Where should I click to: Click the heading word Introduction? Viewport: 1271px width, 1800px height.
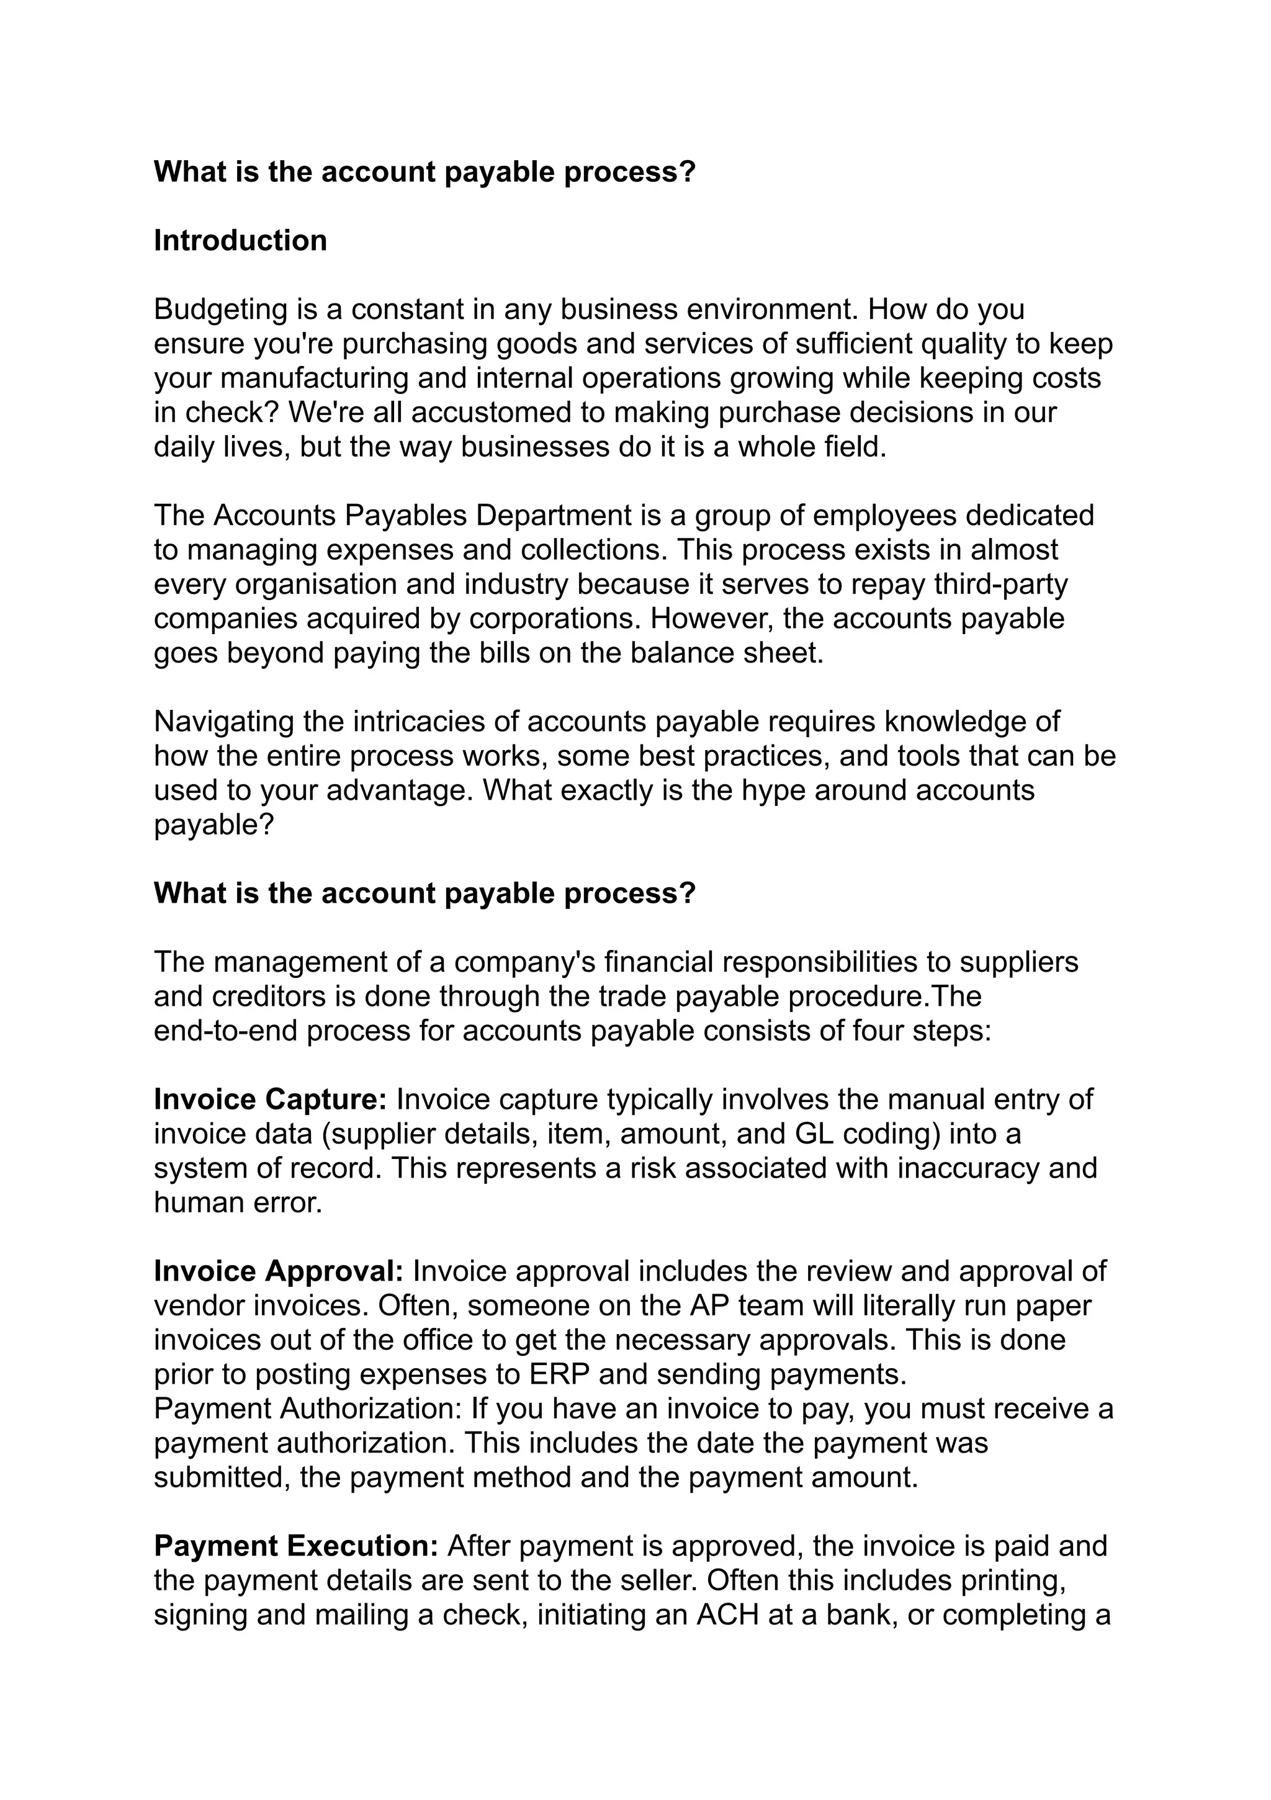pos(240,241)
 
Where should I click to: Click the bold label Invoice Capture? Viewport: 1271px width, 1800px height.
pos(271,1100)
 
